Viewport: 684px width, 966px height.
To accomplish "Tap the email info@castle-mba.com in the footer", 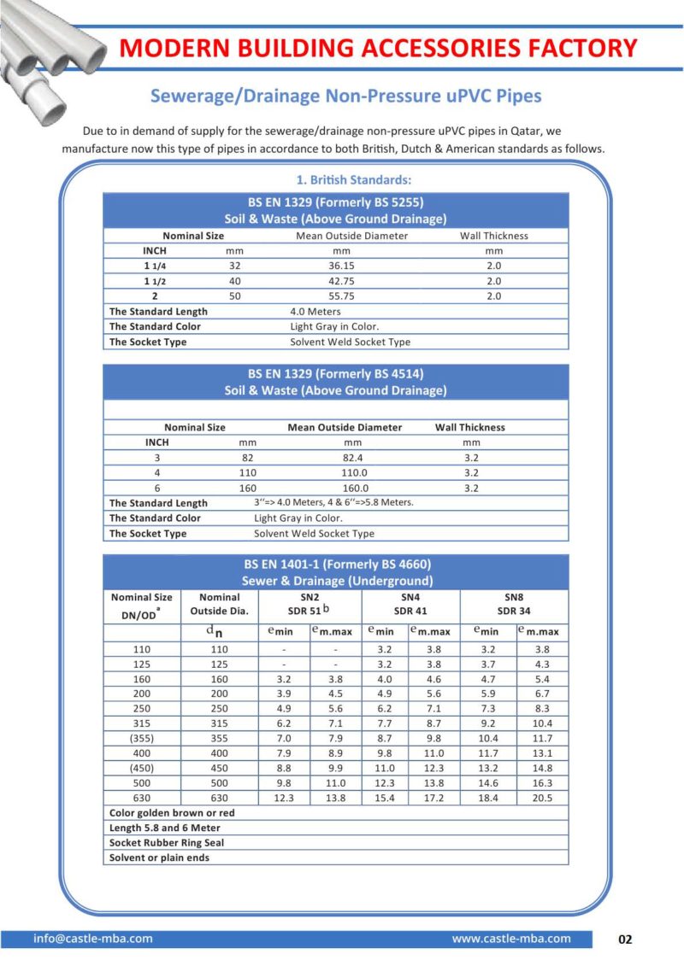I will [x=93, y=939].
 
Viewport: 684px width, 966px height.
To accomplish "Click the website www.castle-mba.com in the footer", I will [x=510, y=939].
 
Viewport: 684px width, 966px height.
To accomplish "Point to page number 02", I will [x=625, y=940].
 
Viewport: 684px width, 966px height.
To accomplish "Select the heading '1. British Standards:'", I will [x=353, y=180].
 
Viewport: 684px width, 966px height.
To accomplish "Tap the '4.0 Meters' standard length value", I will [x=315, y=312].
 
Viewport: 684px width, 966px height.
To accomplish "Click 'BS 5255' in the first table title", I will [x=398, y=202].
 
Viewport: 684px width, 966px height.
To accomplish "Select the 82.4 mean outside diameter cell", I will [x=352, y=458].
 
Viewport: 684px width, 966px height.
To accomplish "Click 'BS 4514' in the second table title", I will [x=398, y=373].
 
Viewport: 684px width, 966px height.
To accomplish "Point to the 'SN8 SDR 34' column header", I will [x=513, y=604].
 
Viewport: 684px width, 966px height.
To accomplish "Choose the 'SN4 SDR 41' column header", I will [x=410, y=604].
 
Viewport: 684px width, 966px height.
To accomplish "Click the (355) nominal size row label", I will [x=142, y=736].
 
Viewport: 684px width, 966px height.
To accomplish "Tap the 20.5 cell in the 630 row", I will [x=542, y=798].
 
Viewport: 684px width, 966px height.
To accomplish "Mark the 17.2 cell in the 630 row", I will [x=434, y=798].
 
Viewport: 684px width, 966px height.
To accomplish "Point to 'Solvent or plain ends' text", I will [x=159, y=858].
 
